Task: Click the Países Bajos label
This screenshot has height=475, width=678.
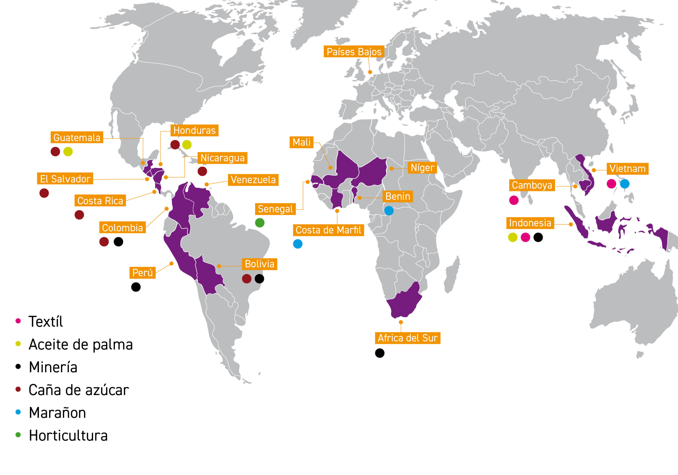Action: (x=354, y=52)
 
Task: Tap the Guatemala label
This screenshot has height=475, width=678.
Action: (x=77, y=138)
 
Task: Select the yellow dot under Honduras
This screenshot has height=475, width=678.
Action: (x=187, y=145)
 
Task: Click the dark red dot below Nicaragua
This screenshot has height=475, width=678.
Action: (x=202, y=171)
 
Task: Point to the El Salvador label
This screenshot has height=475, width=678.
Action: (x=65, y=179)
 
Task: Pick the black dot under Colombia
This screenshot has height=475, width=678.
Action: (x=118, y=242)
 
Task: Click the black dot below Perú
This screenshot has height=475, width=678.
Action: (x=136, y=287)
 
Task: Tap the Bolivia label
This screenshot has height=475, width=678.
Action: (x=259, y=264)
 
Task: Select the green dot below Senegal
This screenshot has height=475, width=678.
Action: (x=260, y=223)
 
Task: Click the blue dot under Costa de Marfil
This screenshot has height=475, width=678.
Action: (x=298, y=244)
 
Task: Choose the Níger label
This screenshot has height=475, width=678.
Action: (x=422, y=168)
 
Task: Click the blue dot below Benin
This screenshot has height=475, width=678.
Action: (x=389, y=211)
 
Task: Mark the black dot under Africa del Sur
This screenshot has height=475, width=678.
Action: (x=380, y=353)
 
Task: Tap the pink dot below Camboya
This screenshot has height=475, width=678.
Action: (x=514, y=200)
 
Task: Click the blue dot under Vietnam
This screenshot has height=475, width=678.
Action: (x=625, y=184)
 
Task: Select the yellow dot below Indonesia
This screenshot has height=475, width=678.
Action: (x=513, y=237)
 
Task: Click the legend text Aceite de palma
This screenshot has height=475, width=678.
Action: (x=81, y=344)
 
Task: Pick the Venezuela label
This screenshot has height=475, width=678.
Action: (x=253, y=180)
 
